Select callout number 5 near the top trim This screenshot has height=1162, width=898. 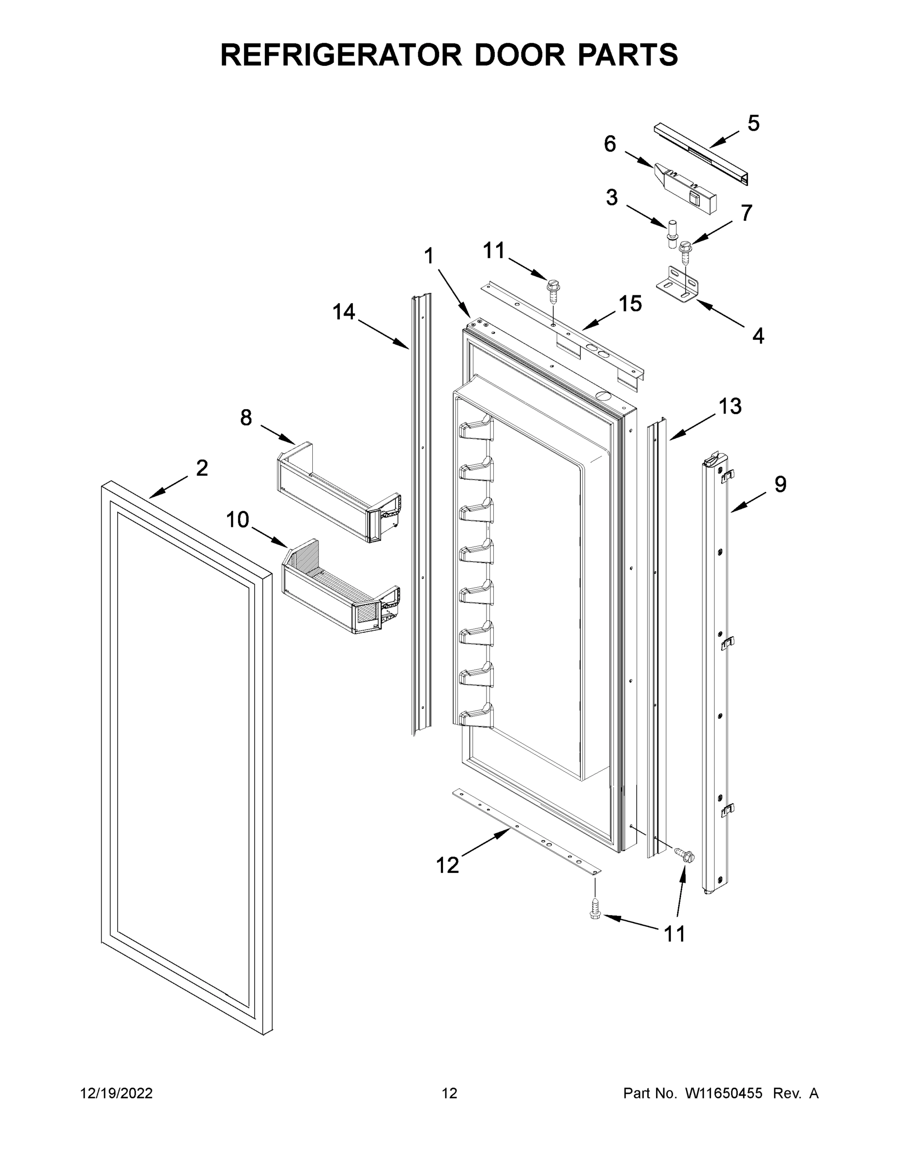click(753, 123)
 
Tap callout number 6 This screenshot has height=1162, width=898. click(609, 144)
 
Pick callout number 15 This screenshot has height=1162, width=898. click(630, 304)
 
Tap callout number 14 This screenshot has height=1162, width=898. click(344, 312)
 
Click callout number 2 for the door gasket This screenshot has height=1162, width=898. click(201, 468)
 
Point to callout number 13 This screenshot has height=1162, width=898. click(730, 407)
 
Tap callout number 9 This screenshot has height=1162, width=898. click(780, 485)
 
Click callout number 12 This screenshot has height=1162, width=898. click(447, 866)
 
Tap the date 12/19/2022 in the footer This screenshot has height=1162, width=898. click(117, 1093)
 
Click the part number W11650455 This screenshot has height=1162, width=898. click(724, 1093)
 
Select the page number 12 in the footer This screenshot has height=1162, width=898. click(450, 1093)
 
